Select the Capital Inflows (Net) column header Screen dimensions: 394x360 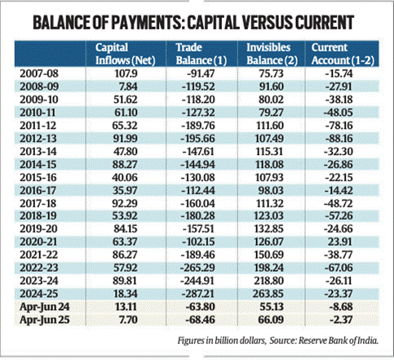pos(126,54)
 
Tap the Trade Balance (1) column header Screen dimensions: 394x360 pos(201,54)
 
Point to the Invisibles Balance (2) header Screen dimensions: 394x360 pos(272,54)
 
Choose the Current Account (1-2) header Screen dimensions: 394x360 pos(343,54)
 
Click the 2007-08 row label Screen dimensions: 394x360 pos(39,73)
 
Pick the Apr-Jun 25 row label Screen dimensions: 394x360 pos(45,320)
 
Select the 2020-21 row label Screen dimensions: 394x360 pos(38,242)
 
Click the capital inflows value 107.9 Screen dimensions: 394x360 pos(126,73)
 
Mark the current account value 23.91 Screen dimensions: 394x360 pos(342,242)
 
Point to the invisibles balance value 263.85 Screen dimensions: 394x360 pos(268,294)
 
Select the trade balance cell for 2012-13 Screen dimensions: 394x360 pos(198,139)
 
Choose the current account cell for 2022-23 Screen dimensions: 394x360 pos(339,268)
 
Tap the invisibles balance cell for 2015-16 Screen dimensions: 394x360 pos(269,177)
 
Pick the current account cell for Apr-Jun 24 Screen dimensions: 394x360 pos(341,307)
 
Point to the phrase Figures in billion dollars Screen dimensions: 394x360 pos(222,340)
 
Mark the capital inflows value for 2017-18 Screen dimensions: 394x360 pos(125,203)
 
